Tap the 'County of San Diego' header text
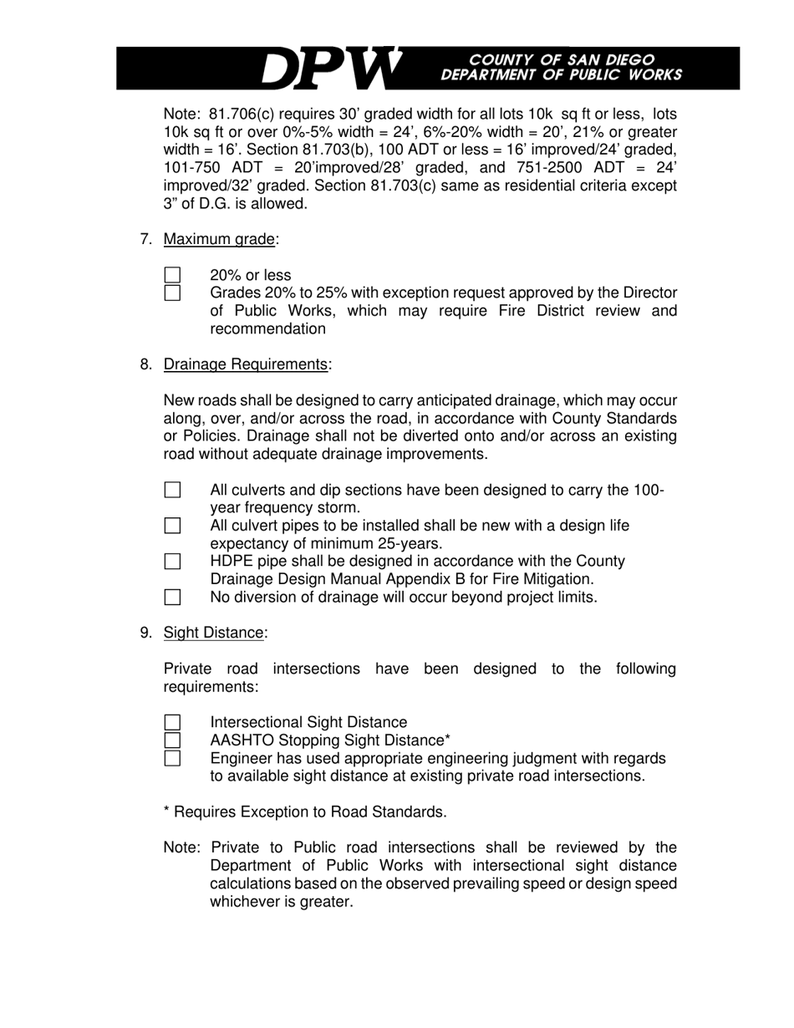pos(562,59)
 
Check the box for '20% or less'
pos(172,275)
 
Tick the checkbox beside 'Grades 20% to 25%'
pos(172,293)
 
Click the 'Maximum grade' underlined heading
pos(219,240)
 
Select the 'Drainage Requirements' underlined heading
pos(246,364)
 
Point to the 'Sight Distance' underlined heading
pos(213,633)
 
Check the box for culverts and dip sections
pos(172,490)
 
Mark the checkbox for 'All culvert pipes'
pos(172,526)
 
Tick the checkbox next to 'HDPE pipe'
pos(172,562)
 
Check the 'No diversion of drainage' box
pos(172,597)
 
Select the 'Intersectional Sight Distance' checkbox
pos(172,722)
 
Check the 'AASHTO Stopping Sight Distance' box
pos(172,740)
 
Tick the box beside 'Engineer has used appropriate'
pos(172,758)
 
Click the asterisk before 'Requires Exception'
pos(167,811)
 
